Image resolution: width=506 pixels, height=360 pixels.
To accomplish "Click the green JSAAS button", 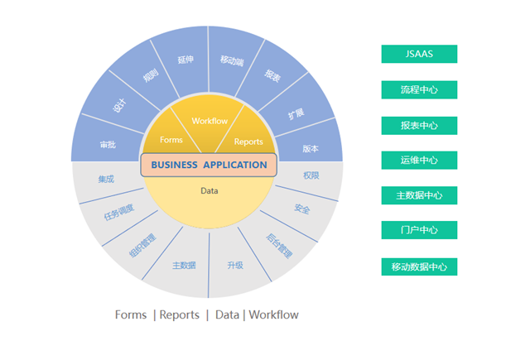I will coord(419,54).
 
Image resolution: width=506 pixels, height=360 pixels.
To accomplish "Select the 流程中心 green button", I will coord(419,89).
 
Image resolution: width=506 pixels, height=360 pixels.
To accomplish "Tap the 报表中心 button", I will coord(419,125).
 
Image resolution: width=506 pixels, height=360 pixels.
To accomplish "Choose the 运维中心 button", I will coord(419,160).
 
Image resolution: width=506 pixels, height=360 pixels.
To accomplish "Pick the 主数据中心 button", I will coord(419,195).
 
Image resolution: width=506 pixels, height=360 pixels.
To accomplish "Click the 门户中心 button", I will coord(419,230).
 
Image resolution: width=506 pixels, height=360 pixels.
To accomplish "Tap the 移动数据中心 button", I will coord(419,266).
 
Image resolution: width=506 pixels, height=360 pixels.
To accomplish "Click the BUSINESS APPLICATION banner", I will coord(209,165).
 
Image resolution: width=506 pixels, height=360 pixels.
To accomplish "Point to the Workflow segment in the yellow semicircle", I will coord(209,122).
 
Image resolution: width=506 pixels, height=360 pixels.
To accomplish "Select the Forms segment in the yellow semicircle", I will coord(171,140).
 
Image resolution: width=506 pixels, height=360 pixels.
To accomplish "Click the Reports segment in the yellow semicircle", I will coord(248,141).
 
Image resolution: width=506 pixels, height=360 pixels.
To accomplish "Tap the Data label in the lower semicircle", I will coord(209,191).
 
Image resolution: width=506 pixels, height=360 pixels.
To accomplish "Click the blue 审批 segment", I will coord(108,144).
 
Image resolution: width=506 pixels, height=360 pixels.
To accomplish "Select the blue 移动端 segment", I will coord(231,60).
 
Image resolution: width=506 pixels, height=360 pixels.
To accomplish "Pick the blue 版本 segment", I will coord(311,148).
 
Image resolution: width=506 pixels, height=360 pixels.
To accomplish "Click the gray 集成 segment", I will coord(106,179).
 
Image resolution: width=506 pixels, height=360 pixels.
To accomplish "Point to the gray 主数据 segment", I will coord(183,265).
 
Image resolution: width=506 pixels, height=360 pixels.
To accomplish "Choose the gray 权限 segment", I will coord(311,175).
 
